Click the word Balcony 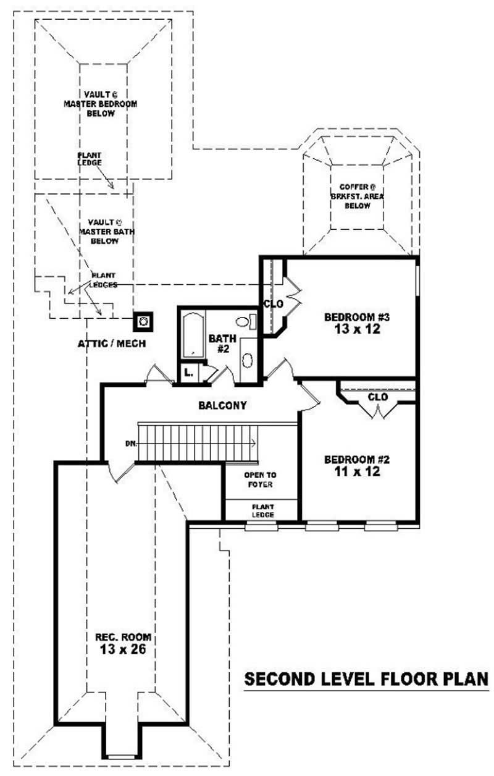tap(222, 406)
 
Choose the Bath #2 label tap(220, 344)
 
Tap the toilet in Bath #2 tap(244, 321)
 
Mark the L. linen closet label tap(188, 373)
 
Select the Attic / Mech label tap(112, 344)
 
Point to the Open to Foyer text tap(260, 479)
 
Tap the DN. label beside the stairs tap(130, 443)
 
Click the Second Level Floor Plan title tap(366, 679)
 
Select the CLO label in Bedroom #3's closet tap(273, 304)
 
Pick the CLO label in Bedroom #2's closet tap(377, 397)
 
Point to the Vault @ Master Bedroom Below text tap(99, 103)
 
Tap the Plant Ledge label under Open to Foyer tap(262, 510)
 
